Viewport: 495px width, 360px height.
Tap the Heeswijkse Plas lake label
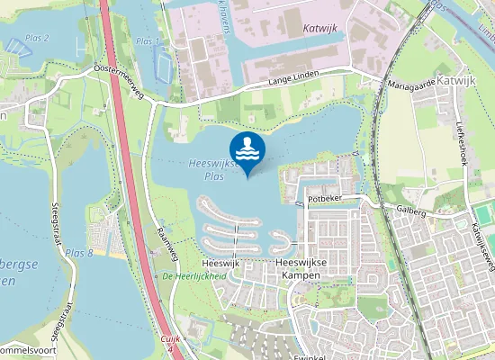click(213, 170)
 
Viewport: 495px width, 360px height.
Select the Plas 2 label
click(37, 38)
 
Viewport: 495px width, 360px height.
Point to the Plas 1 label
click(148, 41)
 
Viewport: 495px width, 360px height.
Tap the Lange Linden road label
click(294, 81)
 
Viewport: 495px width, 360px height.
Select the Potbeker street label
click(327, 196)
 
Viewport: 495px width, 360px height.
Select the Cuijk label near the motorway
click(171, 338)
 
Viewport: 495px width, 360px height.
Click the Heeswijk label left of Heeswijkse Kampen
click(220, 263)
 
